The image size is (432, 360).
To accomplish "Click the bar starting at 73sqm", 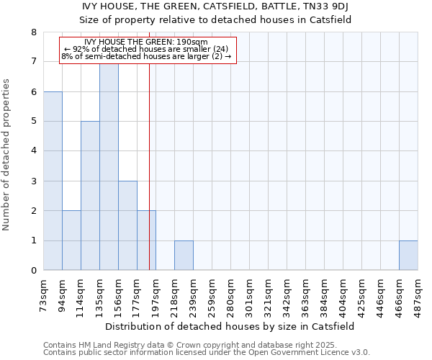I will pyautogui.click(x=53, y=181).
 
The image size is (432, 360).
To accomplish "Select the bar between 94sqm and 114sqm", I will pyautogui.click(x=71, y=240).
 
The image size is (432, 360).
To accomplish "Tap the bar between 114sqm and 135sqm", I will pyautogui.click(x=90, y=196).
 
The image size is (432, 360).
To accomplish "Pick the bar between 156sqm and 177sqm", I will pyautogui.click(x=127, y=225).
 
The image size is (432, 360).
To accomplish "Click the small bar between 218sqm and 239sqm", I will pyautogui.click(x=184, y=256).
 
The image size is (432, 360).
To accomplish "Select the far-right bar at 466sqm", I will pyautogui.click(x=408, y=256).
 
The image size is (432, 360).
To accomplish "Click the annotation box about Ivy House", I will pyautogui.click(x=148, y=49).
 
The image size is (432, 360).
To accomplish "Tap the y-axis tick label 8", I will pyautogui.click(x=33, y=32).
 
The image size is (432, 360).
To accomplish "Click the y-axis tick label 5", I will pyautogui.click(x=33, y=122).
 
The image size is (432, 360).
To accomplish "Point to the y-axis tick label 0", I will pyautogui.click(x=33, y=271).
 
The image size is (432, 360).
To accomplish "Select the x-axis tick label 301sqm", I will pyautogui.click(x=250, y=295).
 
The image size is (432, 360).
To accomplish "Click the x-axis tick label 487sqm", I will pyautogui.click(x=418, y=295).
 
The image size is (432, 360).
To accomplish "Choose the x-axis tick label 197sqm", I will pyautogui.click(x=156, y=295).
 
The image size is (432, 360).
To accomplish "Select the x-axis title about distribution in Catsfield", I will pyautogui.click(x=230, y=326).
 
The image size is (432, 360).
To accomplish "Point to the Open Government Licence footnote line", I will pyautogui.click(x=207, y=353).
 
